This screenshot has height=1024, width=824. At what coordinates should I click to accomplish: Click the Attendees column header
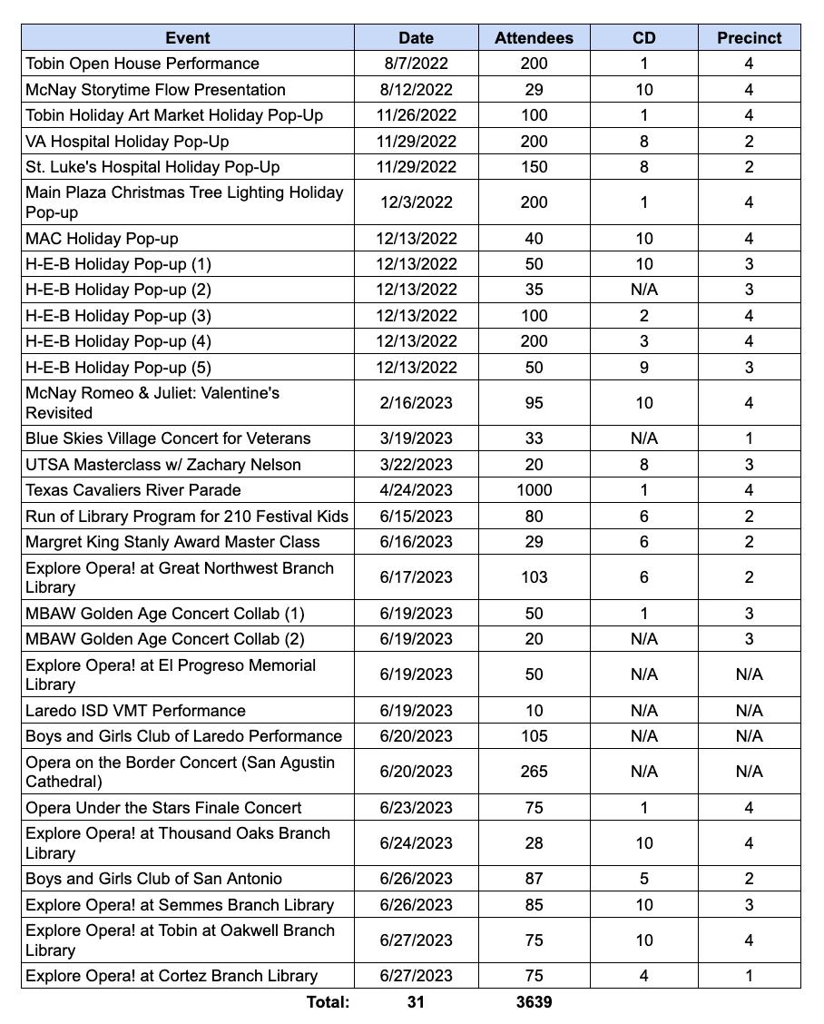[x=534, y=38]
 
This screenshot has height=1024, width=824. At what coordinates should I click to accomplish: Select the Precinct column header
[x=749, y=38]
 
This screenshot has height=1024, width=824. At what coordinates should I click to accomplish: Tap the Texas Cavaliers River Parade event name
[x=133, y=490]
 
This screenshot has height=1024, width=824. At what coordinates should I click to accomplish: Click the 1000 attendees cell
[x=534, y=490]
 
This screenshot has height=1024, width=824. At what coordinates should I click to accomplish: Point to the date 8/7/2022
[x=416, y=64]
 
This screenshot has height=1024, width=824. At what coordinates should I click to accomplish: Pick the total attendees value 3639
[x=534, y=1002]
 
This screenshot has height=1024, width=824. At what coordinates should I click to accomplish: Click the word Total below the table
[x=328, y=1002]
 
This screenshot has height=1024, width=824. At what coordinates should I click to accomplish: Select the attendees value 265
[x=534, y=772]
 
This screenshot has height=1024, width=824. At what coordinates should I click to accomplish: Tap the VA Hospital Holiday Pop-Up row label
[x=127, y=142]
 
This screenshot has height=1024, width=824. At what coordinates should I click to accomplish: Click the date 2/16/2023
[x=416, y=403]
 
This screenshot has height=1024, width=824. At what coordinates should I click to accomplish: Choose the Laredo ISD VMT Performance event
[x=135, y=711]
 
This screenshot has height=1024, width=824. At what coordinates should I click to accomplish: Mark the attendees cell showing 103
[x=534, y=577]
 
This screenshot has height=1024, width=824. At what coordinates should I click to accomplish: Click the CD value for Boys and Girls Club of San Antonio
[x=643, y=879]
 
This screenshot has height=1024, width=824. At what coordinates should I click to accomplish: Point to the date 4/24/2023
[x=416, y=490]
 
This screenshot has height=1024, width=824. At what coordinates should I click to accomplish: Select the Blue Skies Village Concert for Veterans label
[x=168, y=438]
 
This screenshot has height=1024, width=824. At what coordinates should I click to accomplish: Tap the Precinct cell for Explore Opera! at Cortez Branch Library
[x=749, y=976]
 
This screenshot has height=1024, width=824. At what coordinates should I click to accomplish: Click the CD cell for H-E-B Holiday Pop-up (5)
[x=643, y=368]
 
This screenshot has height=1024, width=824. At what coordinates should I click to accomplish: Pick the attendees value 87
[x=534, y=879]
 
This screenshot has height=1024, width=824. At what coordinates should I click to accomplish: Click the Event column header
[x=188, y=38]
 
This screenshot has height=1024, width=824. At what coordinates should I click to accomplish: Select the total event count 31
[x=416, y=1002]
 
